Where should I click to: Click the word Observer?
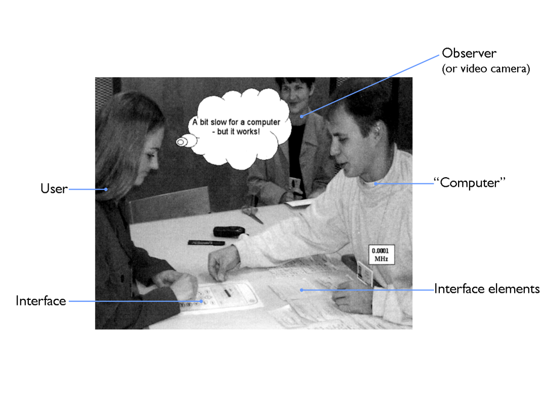(469, 53)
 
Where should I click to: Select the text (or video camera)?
(486, 69)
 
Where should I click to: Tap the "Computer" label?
(469, 183)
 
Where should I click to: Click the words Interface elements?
(487, 289)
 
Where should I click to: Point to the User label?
(54, 188)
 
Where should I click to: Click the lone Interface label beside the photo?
(41, 301)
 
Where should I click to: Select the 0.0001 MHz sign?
(381, 255)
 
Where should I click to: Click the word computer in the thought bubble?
(263, 122)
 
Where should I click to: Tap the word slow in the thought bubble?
(219, 122)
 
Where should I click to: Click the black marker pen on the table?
(206, 242)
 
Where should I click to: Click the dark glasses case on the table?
(229, 231)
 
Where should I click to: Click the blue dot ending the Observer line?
(301, 117)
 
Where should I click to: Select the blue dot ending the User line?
(106, 189)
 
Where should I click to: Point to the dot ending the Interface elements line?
(301, 290)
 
